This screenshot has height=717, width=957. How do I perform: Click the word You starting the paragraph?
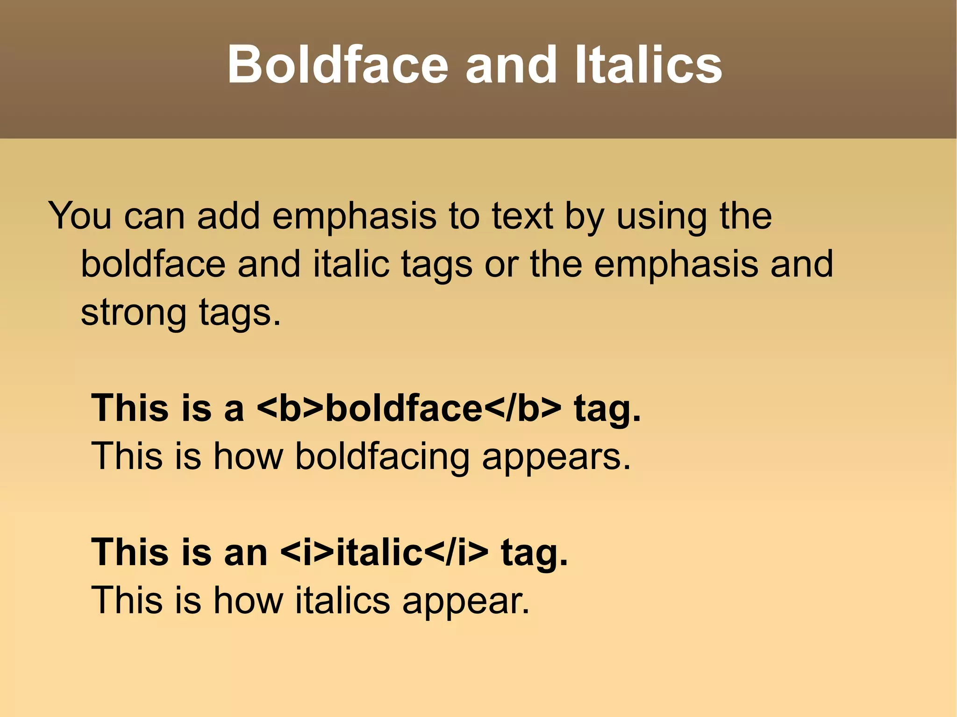pyautogui.click(x=80, y=216)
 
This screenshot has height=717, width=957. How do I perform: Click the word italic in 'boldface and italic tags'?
pyautogui.click(x=351, y=264)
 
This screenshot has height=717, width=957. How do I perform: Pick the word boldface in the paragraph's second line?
pyautogui.click(x=153, y=264)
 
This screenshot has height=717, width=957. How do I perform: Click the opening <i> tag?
pyautogui.click(x=308, y=552)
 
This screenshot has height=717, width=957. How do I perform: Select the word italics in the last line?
pyautogui.click(x=343, y=600)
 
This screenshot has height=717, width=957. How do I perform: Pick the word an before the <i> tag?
pyautogui.click(x=246, y=552)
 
